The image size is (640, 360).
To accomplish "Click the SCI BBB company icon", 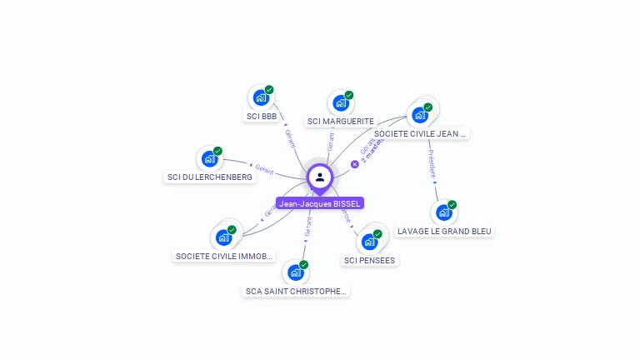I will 261,98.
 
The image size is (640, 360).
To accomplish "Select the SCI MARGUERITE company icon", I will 340,103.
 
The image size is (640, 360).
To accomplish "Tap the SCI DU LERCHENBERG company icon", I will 209,159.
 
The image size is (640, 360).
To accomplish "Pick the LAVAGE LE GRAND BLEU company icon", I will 443,213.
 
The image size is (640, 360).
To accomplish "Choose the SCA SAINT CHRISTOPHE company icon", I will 295,273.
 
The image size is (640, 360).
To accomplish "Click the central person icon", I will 320,177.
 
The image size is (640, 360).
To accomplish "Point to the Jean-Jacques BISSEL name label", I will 320,203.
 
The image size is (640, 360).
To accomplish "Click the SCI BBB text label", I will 261,117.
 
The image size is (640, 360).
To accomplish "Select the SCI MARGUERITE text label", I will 340,122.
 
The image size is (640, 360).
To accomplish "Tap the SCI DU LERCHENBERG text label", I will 209,177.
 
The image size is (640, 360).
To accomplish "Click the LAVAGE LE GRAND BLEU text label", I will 443,231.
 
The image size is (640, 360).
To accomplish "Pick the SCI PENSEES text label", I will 369,261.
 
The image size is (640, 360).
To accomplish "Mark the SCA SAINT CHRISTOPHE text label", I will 295,292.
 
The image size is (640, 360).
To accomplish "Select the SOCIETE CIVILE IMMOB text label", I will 223,257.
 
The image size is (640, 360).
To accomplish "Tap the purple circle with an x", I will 354,164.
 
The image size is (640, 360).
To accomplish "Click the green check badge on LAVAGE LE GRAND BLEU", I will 452,204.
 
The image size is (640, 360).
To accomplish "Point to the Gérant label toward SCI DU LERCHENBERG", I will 264,170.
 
